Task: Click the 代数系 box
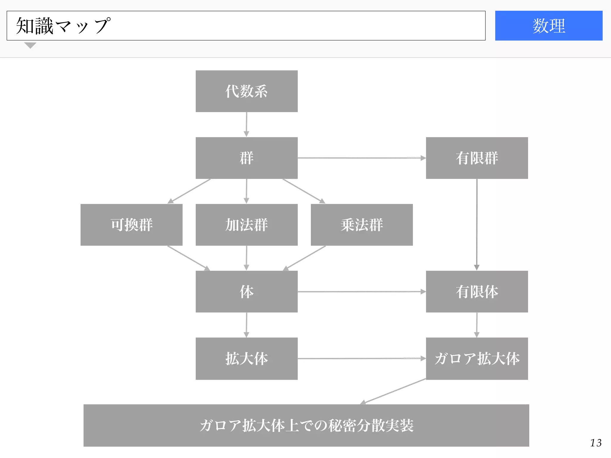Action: (246, 91)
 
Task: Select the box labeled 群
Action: (246, 158)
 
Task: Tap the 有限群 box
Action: (477, 158)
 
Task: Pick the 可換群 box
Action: (131, 225)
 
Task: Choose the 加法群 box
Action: (246, 225)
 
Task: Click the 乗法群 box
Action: (362, 225)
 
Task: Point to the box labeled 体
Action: (246, 292)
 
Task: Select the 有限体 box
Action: (477, 292)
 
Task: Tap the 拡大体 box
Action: (246, 358)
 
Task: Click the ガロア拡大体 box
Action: (477, 358)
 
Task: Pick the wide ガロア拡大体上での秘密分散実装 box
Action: (306, 425)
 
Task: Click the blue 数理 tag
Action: (549, 26)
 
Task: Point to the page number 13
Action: (596, 443)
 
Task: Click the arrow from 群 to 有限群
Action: (362, 158)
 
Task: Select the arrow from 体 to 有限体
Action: (362, 292)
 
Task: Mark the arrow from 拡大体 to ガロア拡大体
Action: (362, 358)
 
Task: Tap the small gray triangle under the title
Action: (30, 45)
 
